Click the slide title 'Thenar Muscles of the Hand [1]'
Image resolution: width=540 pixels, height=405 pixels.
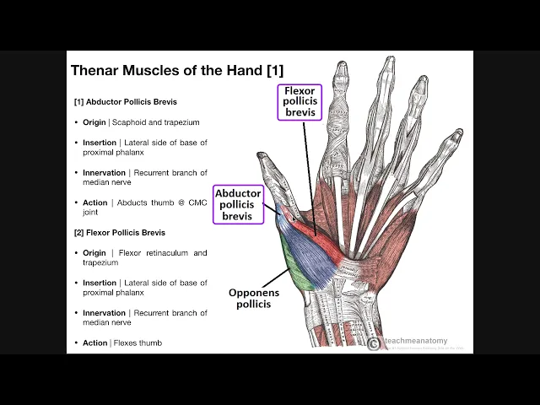177,71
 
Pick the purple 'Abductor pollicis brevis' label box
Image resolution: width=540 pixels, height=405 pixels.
238,204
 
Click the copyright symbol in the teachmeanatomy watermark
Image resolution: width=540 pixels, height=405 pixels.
374,343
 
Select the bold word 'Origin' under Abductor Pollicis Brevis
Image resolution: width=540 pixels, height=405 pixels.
94,122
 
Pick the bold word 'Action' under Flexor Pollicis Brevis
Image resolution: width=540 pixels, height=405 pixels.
95,343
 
